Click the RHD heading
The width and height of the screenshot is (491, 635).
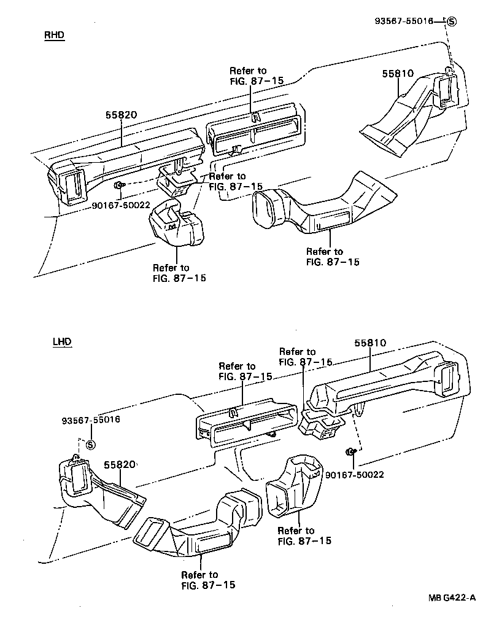[x=54, y=35]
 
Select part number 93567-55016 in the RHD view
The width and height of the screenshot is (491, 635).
[x=404, y=21]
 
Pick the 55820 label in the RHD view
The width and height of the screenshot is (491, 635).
[x=120, y=115]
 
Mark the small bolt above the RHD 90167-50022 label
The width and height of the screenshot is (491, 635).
[x=119, y=185]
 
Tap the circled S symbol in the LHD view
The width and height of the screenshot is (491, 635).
[x=90, y=445]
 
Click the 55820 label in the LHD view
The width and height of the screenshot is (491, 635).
[x=119, y=465]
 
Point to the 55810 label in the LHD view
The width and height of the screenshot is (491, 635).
[x=370, y=343]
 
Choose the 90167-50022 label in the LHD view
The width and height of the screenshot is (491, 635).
[x=354, y=475]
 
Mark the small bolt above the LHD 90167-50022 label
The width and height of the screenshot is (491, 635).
[x=350, y=452]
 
